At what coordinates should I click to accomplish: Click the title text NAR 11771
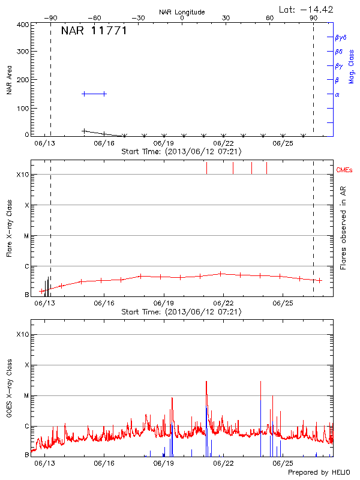click(x=94, y=31)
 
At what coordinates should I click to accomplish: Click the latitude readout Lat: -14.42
click(x=307, y=9)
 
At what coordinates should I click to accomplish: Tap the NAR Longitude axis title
click(x=182, y=12)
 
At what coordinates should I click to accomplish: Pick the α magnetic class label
click(x=337, y=94)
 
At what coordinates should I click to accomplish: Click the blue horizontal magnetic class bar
click(x=94, y=94)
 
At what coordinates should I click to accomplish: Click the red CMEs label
click(x=345, y=170)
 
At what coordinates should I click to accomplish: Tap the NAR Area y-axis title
click(x=10, y=80)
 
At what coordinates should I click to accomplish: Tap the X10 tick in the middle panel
click(x=23, y=175)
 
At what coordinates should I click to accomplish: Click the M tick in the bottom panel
click(x=26, y=396)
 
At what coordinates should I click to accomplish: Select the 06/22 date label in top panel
click(x=223, y=144)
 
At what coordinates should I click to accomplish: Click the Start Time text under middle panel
click(x=182, y=312)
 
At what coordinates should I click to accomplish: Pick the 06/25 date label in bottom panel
click(x=282, y=463)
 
